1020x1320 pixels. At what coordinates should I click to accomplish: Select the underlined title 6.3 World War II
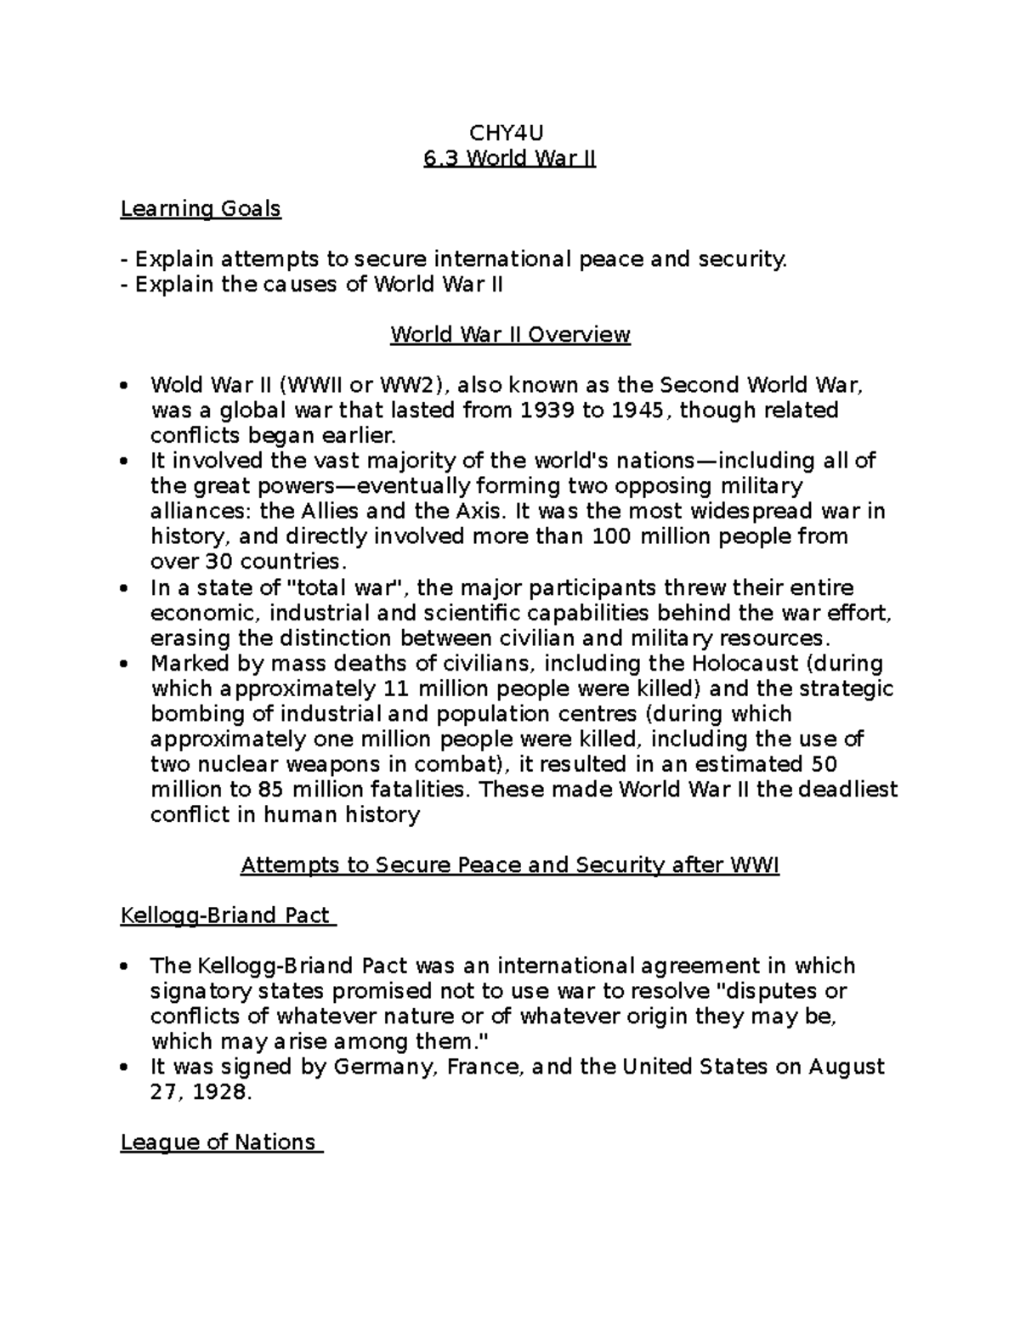pyautogui.click(x=509, y=158)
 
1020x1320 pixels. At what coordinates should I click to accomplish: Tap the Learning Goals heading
pyautogui.click(x=201, y=208)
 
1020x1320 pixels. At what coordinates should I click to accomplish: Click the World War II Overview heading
pyautogui.click(x=510, y=334)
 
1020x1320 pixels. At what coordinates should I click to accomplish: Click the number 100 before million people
pyautogui.click(x=612, y=536)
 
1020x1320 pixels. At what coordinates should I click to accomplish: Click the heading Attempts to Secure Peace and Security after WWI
pyautogui.click(x=510, y=865)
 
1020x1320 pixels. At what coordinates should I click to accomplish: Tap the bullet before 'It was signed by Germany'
pyautogui.click(x=125, y=1068)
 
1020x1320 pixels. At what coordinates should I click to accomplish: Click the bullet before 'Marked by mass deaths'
pyautogui.click(x=125, y=664)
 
